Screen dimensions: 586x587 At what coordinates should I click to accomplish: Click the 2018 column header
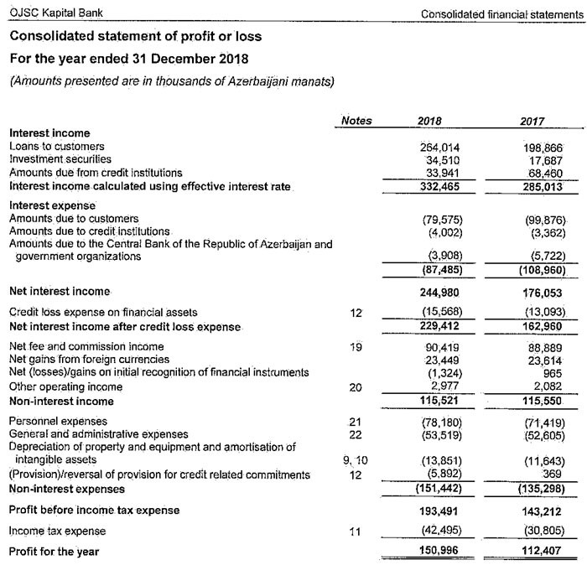(429, 121)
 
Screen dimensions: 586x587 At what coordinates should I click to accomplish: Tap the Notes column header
(357, 121)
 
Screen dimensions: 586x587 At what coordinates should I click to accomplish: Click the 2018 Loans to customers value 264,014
(439, 148)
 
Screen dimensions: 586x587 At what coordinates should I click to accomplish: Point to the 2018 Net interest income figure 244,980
(441, 292)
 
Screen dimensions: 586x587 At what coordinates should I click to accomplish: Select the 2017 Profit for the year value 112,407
(541, 551)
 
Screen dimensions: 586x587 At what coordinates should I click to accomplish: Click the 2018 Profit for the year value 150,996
(440, 551)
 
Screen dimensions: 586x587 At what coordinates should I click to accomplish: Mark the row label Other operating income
(65, 387)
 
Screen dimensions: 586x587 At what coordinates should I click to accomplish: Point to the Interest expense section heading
(52, 205)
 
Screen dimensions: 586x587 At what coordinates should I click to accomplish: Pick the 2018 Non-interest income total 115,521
(440, 401)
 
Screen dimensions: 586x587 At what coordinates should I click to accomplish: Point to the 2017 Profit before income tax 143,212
(541, 511)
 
